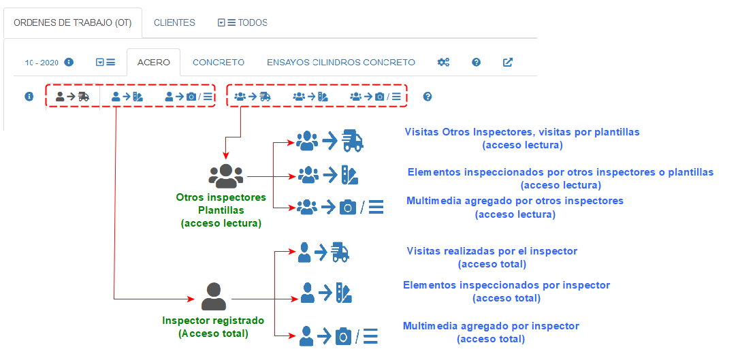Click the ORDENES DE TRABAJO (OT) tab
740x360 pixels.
(73, 22)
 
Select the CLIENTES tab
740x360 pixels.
(174, 22)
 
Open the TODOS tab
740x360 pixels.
(242, 22)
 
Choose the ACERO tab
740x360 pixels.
(153, 62)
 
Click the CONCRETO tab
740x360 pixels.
(219, 62)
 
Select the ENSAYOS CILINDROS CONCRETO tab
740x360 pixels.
(340, 62)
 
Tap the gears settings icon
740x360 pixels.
(443, 62)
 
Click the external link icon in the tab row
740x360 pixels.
(508, 62)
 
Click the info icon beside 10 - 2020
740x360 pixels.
(69, 62)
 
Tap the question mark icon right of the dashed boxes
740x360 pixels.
(428, 97)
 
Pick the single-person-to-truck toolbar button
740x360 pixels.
(72, 97)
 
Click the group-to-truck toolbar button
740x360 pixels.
(252, 97)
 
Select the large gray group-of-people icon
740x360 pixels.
(225, 176)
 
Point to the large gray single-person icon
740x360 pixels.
(214, 297)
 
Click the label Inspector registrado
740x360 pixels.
(213, 320)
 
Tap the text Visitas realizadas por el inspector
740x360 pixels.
(492, 251)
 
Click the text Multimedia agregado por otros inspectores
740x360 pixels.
(515, 201)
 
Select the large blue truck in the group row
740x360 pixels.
(353, 140)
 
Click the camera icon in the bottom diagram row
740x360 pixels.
(344, 336)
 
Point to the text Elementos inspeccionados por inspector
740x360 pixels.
(506, 285)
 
